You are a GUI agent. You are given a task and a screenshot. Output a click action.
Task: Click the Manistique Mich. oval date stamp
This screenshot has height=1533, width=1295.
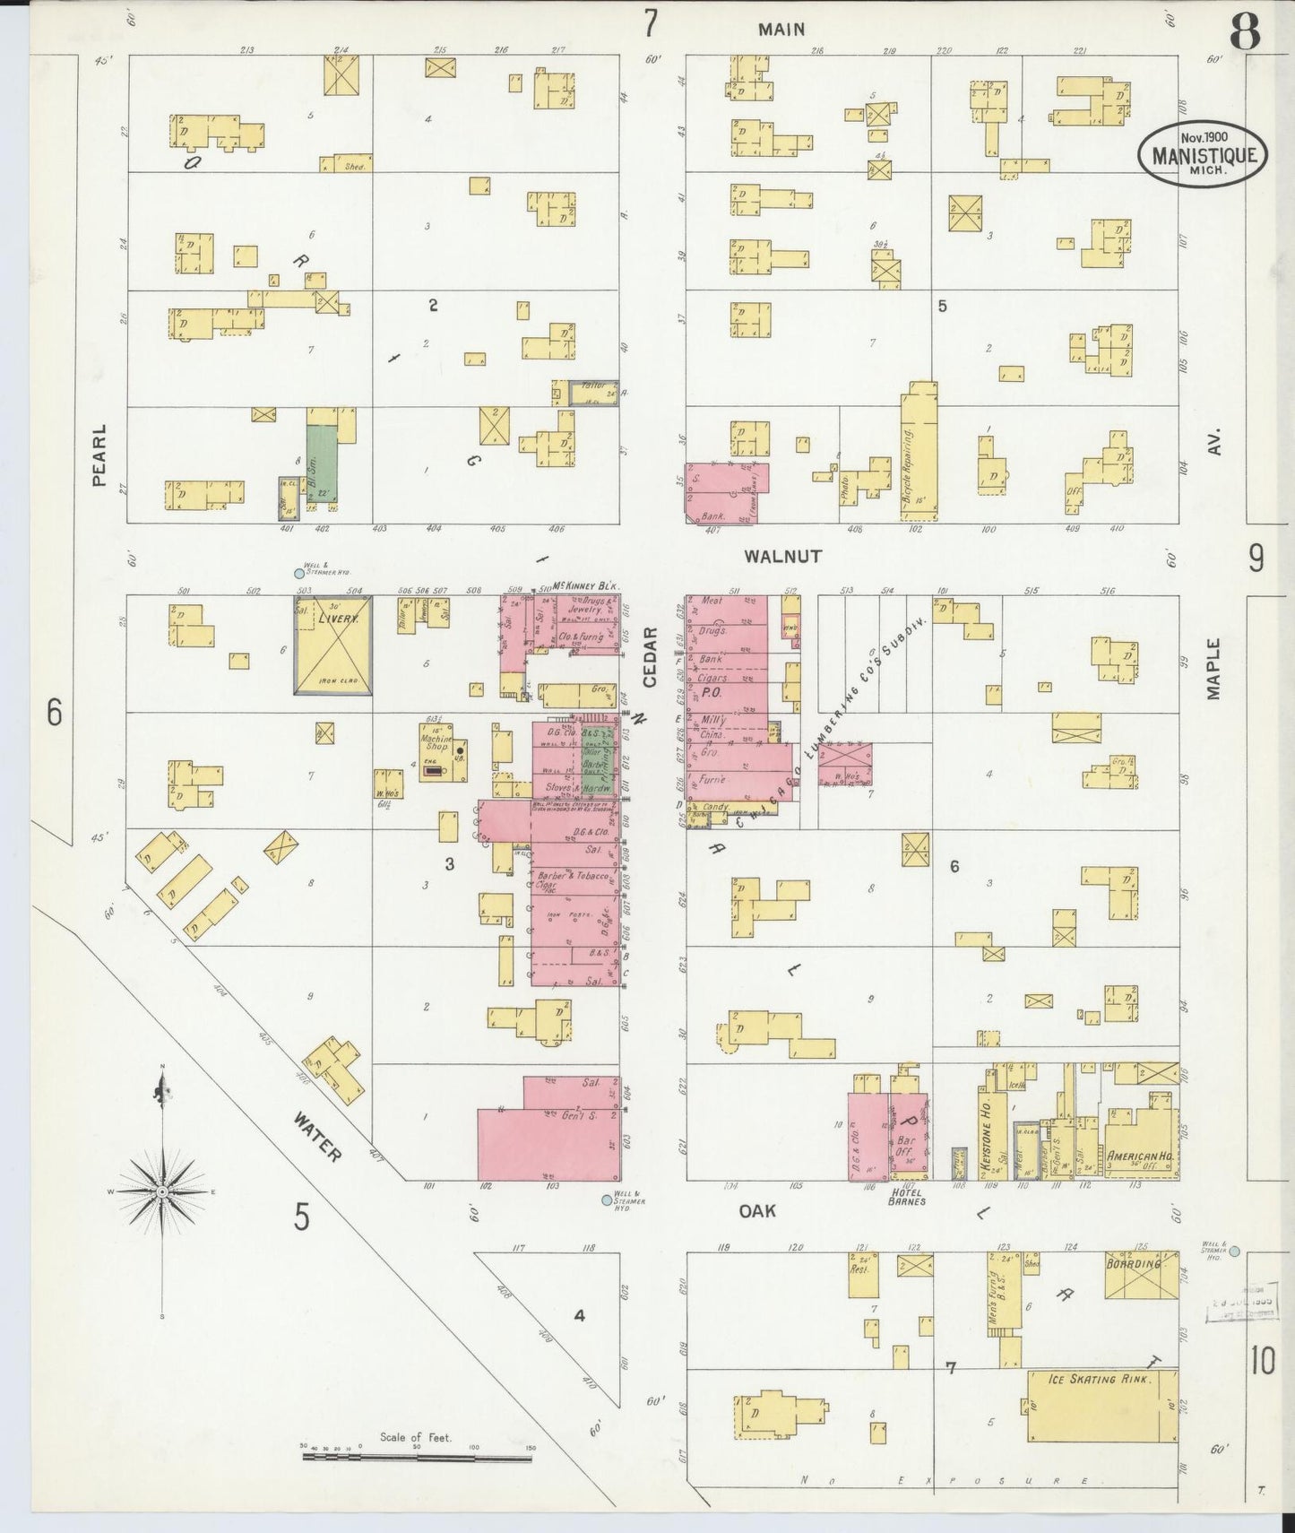pos(1204,154)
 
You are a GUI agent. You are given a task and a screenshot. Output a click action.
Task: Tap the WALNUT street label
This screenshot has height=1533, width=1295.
pos(782,556)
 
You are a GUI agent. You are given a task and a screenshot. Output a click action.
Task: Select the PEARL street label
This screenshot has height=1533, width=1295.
pos(99,455)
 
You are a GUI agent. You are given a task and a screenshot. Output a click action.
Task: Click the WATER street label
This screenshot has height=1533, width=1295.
pos(316,1137)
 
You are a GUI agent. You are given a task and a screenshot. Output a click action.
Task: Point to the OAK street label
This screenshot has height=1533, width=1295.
pos(757,1211)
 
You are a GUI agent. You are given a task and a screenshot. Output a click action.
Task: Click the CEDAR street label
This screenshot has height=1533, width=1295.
pos(651,657)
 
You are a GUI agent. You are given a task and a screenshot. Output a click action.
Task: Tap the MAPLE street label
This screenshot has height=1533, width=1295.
pos(1214,668)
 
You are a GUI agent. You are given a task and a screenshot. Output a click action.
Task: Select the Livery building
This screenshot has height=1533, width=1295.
pos(332,645)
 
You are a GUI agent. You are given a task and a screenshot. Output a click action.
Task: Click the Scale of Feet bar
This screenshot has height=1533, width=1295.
pos(417,1457)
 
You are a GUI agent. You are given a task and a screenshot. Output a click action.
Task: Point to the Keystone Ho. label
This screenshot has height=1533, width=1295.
pos(985,1130)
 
